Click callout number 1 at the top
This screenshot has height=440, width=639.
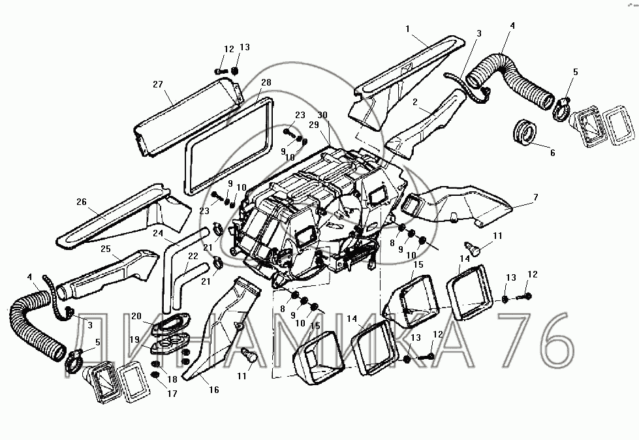pos(408,29)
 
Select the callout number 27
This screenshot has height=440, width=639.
pos(158,84)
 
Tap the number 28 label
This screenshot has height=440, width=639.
pos(266,82)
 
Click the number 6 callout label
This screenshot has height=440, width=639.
pos(552,153)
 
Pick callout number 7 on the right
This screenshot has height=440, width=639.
pos(535,196)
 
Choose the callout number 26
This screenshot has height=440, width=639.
pos(82,202)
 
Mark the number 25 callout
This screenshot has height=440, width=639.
pos(105,249)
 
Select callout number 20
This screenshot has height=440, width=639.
pos(135,316)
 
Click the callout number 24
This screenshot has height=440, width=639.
pos(159,232)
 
